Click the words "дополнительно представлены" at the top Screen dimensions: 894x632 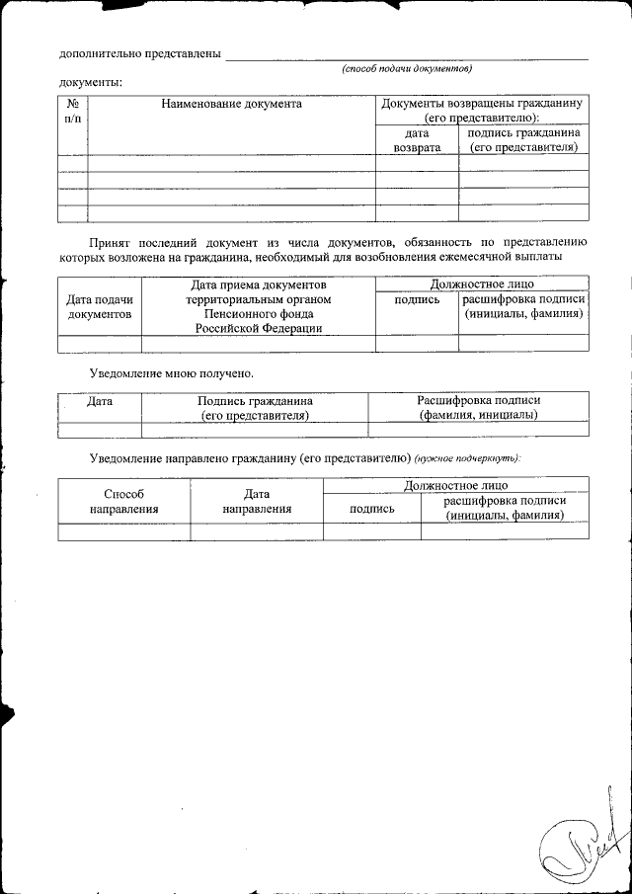pyautogui.click(x=139, y=53)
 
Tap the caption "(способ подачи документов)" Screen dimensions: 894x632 pyautogui.click(x=407, y=69)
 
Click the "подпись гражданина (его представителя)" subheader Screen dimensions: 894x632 pyautogui.click(x=523, y=139)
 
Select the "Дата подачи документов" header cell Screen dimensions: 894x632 pyautogui.click(x=100, y=306)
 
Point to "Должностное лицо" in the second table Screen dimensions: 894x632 pyautogui.click(x=482, y=284)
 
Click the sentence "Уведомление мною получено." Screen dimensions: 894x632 pyautogui.click(x=171, y=373)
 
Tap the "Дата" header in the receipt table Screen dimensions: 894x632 pyautogui.click(x=100, y=401)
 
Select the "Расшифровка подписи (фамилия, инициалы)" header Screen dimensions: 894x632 pyautogui.click(x=478, y=408)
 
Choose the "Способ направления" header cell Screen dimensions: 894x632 pyautogui.click(x=123, y=501)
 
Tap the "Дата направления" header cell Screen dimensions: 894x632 pyautogui.click(x=257, y=501)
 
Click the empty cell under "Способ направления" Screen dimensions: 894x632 pyautogui.click(x=123, y=531)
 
